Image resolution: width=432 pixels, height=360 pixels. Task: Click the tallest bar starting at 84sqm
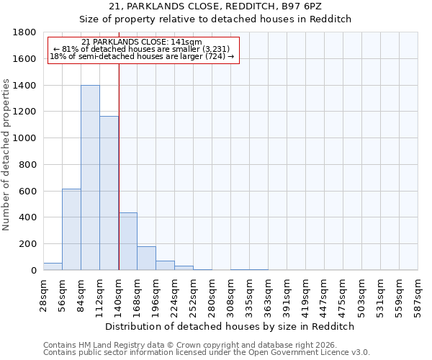coord(90,178)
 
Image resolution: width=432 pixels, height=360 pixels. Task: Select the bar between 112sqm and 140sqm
coord(109,193)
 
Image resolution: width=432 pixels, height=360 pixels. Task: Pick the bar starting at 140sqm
coord(127,241)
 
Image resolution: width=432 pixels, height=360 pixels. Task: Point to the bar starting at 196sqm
coord(165,266)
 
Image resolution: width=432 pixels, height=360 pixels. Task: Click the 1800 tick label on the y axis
coord(25,32)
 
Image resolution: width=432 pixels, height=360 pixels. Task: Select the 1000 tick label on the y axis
coord(25,138)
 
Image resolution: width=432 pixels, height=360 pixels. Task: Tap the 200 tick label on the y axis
coord(28,244)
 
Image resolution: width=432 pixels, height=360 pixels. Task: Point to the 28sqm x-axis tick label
coord(44,294)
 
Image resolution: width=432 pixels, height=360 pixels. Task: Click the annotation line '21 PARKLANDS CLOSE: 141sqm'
coord(142,42)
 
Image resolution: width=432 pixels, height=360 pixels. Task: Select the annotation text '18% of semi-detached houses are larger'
coord(142,57)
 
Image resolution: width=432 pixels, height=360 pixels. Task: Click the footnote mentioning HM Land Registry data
coord(206,345)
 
